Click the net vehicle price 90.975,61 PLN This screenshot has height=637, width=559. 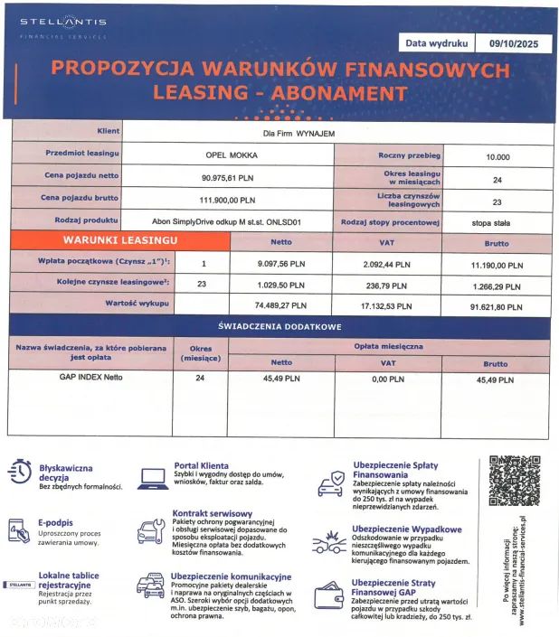click(x=228, y=177)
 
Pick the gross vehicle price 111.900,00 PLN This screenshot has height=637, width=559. click(x=228, y=200)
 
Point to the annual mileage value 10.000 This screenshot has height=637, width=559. click(x=497, y=155)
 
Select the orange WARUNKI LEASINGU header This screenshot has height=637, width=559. click(x=119, y=241)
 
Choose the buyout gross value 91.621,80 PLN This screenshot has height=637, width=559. click(x=497, y=306)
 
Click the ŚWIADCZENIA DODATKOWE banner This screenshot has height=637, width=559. click(x=279, y=326)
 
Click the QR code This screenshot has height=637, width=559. click(x=513, y=481)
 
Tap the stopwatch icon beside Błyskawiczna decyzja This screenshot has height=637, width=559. click(x=20, y=473)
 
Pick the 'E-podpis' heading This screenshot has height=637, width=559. click(x=55, y=522)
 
